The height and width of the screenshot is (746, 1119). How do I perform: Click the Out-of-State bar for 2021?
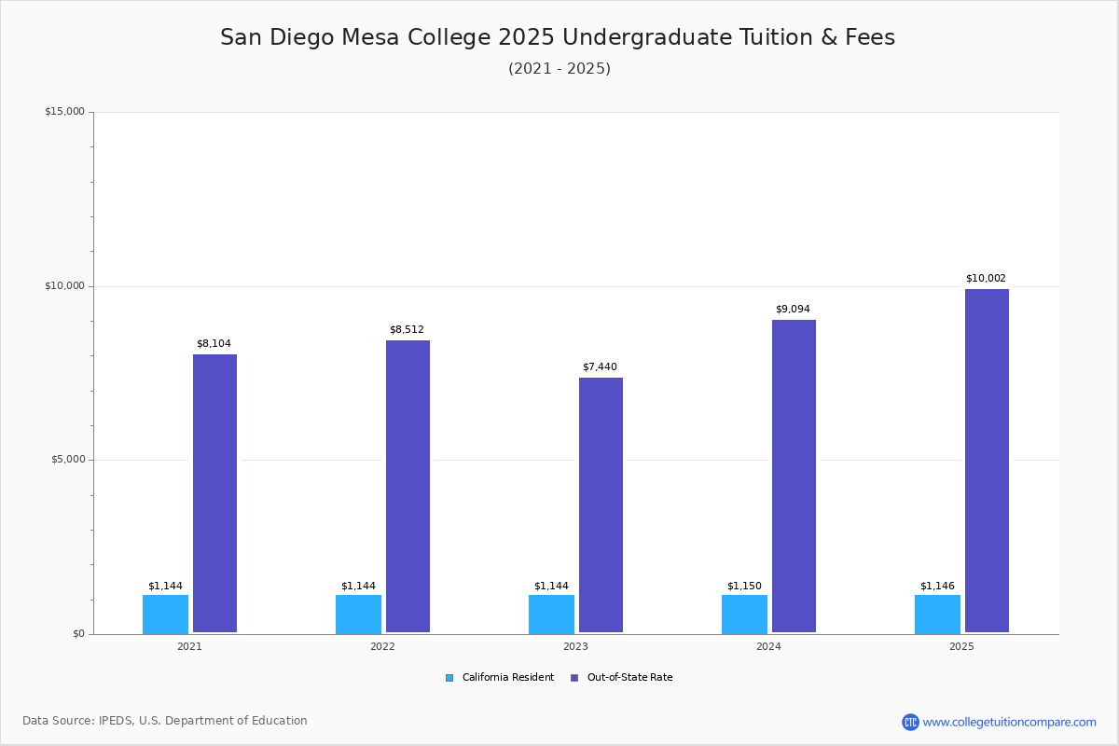tap(214, 493)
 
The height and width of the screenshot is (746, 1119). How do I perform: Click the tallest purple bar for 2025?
tap(987, 461)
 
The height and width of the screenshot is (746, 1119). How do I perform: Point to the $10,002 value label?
tap(986, 279)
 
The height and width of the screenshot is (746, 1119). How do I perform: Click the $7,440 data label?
tap(600, 367)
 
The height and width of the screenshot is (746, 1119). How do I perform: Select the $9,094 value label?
tap(793, 310)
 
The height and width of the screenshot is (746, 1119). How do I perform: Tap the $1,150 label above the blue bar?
tap(744, 587)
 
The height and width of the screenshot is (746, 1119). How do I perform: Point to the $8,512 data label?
tap(407, 330)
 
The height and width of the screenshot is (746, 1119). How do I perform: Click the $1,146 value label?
tap(937, 587)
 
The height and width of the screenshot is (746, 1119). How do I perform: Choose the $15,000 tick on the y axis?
tap(64, 112)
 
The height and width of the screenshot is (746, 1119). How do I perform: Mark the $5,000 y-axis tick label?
tap(67, 460)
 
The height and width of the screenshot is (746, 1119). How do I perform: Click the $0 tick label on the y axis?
tap(77, 634)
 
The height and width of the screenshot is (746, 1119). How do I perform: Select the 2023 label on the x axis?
tap(575, 647)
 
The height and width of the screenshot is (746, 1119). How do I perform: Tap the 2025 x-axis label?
tap(961, 647)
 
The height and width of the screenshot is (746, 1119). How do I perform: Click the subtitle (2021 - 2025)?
tap(559, 69)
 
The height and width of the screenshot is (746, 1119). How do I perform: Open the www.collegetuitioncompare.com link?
tap(1009, 723)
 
